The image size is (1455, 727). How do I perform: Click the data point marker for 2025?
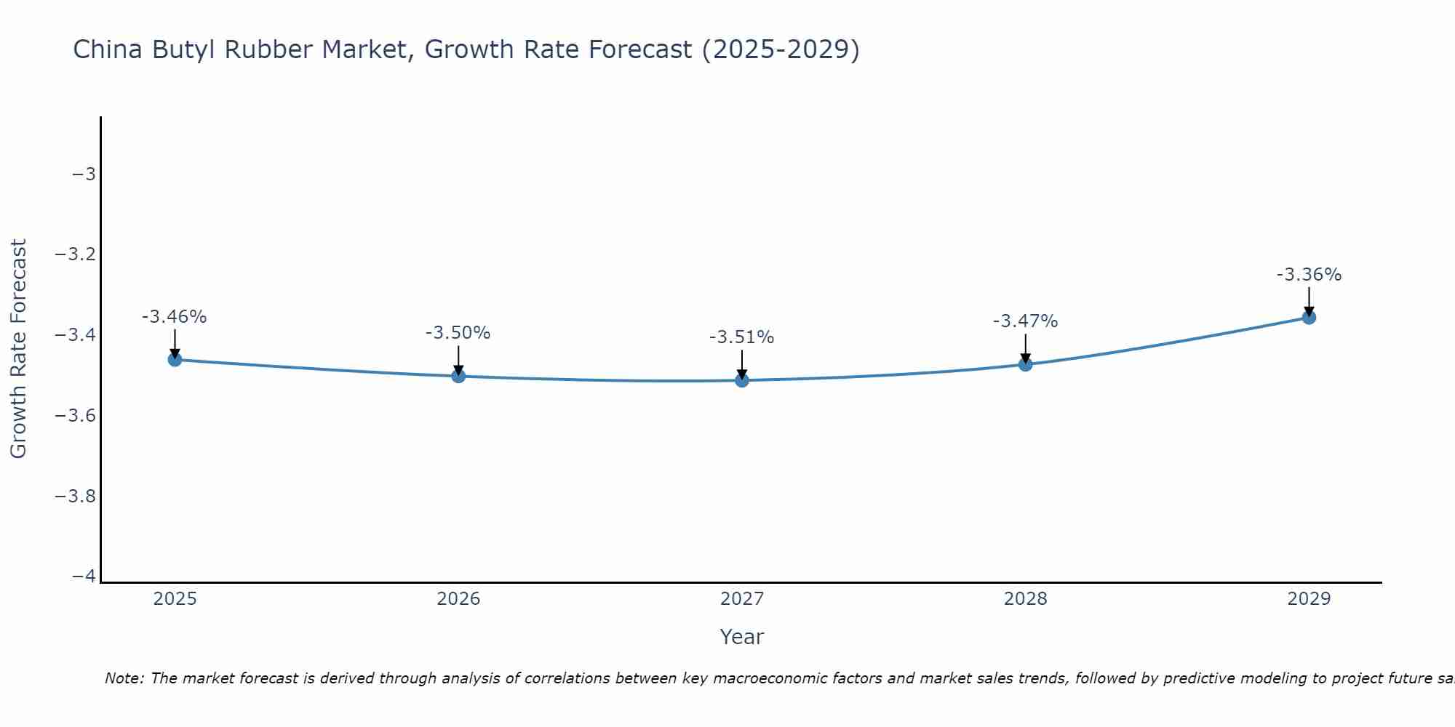[175, 359]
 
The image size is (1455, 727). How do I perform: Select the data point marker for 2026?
[458, 376]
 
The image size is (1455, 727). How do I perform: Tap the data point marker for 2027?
[742, 379]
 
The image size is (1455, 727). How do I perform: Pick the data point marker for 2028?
[1025, 363]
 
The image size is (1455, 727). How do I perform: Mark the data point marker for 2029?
[1309, 317]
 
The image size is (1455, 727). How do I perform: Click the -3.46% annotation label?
[175, 317]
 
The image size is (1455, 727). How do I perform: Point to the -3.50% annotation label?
[458, 333]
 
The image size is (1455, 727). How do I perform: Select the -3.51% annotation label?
[742, 337]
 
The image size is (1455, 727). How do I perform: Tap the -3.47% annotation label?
[1025, 321]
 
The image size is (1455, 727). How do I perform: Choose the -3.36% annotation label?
[1309, 275]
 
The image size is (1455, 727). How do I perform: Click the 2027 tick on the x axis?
[742, 599]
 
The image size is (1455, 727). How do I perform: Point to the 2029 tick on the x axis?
[1309, 599]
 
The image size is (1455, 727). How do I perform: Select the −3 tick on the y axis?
[84, 174]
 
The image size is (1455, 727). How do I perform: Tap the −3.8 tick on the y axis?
[75, 496]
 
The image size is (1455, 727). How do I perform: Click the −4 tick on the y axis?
[84, 576]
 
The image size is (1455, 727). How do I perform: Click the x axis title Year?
[742, 637]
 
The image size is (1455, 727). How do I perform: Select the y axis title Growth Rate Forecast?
[18, 349]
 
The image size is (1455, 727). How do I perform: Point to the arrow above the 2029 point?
[1309, 300]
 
